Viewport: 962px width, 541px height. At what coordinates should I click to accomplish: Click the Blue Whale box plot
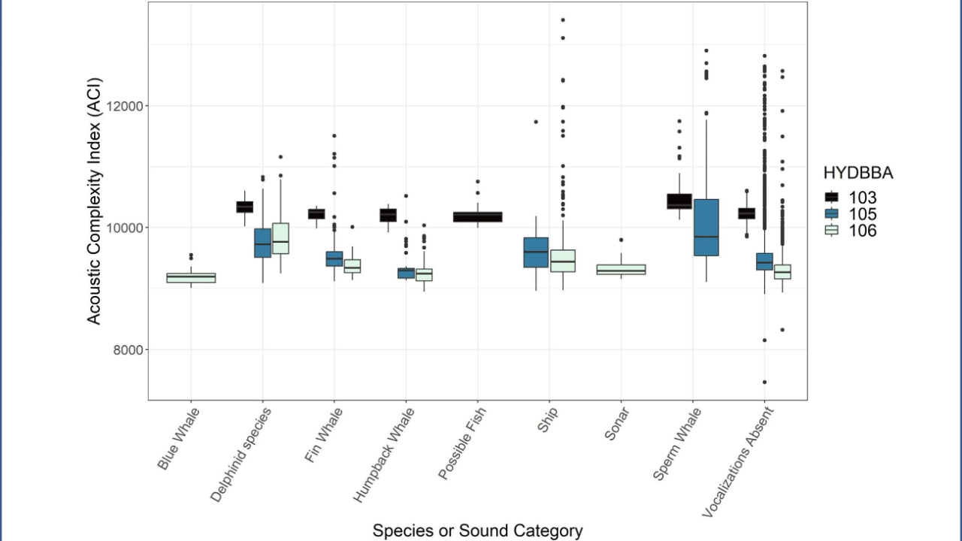[x=191, y=278]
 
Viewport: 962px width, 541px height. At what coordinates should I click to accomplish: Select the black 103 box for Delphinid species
[x=244, y=207]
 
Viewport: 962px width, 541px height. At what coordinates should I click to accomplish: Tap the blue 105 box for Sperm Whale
[x=706, y=228]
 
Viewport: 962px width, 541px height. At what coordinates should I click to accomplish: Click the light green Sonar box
[x=621, y=270]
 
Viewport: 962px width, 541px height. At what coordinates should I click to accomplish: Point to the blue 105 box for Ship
[x=536, y=252]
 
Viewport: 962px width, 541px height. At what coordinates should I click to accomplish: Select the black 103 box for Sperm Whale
[x=679, y=201]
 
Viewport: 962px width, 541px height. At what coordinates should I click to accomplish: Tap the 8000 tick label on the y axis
[x=128, y=350]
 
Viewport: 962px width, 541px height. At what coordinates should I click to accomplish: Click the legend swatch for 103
[x=831, y=198]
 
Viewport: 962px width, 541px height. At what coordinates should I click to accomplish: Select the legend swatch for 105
[x=831, y=214]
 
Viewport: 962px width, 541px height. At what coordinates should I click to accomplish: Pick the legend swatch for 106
[x=831, y=231]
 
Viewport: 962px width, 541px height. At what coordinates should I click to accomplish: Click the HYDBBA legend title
[x=858, y=173]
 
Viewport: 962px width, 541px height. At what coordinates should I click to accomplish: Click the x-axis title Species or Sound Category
[x=477, y=530]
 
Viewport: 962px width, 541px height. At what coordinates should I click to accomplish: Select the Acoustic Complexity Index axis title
[x=94, y=201]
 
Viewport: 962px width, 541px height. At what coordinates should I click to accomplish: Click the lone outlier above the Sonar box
[x=621, y=240]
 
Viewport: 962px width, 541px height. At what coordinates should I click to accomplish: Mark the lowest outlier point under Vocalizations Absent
[x=764, y=382]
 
